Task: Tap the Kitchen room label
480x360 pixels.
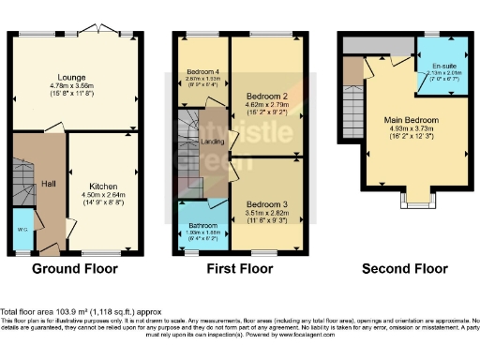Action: pyautogui.click(x=102, y=186)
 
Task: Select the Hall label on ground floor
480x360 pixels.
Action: pyautogui.click(x=49, y=184)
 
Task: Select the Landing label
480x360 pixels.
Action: pyautogui.click(x=212, y=141)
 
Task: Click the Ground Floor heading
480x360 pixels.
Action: pyautogui.click(x=75, y=268)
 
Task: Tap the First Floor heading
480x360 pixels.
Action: pyautogui.click(x=240, y=268)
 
